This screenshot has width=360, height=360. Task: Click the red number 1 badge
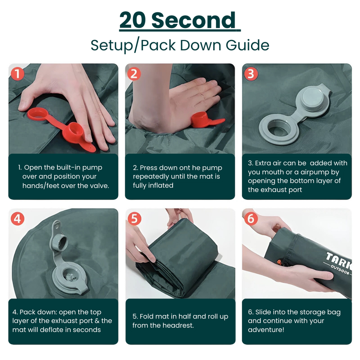[x=18, y=74]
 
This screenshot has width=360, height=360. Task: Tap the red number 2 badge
[x=134, y=74]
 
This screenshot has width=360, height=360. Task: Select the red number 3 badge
[x=251, y=74]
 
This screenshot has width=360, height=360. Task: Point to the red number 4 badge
[x=18, y=219]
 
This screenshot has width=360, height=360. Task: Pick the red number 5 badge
[x=134, y=219]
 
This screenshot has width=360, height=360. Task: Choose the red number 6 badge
[x=251, y=219]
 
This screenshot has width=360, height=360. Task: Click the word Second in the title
[x=194, y=20]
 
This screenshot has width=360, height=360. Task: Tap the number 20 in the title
[x=133, y=20]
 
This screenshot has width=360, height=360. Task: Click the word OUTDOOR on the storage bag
[x=340, y=270]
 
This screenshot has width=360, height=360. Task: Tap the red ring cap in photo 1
[x=37, y=114]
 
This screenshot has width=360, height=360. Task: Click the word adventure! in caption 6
[x=266, y=330]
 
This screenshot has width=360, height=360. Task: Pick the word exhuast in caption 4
[x=49, y=321]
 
